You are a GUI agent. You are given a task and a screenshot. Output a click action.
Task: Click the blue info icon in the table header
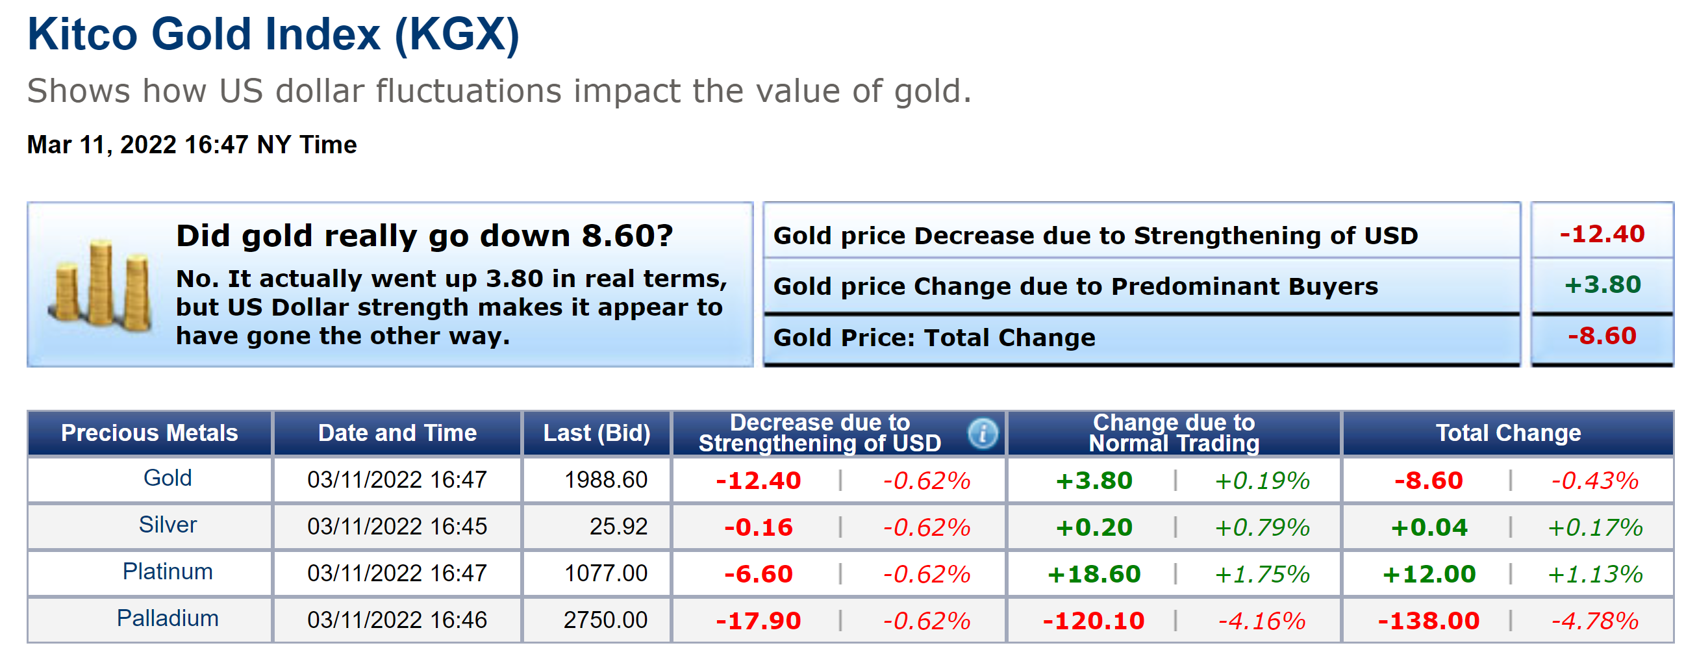coord(981,434)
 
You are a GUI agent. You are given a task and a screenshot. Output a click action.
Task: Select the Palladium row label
coord(168,618)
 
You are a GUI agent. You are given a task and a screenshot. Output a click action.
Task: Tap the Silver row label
coord(168,525)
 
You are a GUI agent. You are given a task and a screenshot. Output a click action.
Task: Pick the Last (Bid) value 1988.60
coord(605,480)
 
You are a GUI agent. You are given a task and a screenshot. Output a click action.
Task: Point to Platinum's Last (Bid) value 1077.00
coord(605,573)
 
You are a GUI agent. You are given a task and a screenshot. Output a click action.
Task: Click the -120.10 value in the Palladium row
coord(1094,620)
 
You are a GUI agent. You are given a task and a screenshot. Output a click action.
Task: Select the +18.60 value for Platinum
coord(1094,573)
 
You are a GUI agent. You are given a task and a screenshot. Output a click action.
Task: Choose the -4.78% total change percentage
coord(1594,620)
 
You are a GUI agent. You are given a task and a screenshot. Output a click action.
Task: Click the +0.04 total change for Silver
coord(1429,527)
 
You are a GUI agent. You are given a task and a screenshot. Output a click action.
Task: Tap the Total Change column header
coord(1508,433)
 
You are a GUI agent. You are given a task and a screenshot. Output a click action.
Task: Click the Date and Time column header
coord(397,433)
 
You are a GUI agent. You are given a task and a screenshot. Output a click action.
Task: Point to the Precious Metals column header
coord(149,433)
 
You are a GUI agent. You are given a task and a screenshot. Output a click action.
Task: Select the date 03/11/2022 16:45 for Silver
coord(397,527)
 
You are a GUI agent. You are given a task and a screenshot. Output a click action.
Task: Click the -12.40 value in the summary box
coord(1602,234)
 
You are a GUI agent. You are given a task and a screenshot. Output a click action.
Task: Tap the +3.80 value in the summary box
coord(1602,284)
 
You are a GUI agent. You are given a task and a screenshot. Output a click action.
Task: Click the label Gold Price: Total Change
coord(933,338)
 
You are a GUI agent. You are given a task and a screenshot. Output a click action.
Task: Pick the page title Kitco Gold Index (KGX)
coord(273,34)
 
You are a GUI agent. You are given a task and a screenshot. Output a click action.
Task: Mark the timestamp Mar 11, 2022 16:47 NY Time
coord(192,144)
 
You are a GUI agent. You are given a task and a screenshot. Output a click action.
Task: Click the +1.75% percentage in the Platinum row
coord(1262,573)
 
